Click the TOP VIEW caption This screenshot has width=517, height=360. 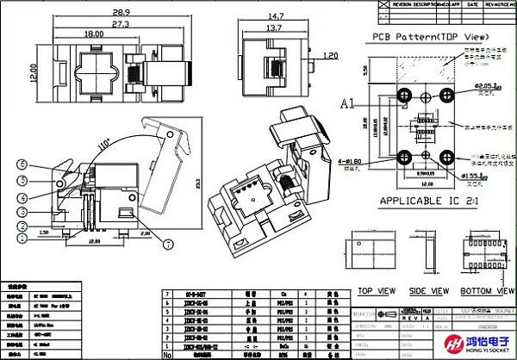pyautogui.click(x=377, y=290)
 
